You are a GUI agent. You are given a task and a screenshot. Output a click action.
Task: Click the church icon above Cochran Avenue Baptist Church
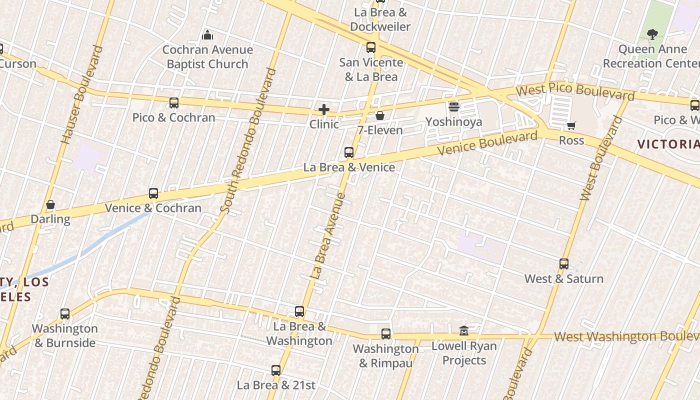coord(207,35)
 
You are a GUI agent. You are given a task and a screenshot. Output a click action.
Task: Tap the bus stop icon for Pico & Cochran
coord(174,103)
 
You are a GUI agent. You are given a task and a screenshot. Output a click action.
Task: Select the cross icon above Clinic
coord(324,109)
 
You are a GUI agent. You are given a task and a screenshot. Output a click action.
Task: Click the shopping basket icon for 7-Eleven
coord(380,116)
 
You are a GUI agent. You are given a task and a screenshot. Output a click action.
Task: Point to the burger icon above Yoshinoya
coord(454,107)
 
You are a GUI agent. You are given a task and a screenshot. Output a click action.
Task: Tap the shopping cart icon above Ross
coord(571,126)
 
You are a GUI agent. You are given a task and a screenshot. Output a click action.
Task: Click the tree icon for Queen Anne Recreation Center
coord(652,34)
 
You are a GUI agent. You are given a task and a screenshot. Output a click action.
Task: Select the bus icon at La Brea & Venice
coord(349,152)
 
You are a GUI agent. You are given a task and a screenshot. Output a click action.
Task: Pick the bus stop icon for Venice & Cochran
coord(153,193)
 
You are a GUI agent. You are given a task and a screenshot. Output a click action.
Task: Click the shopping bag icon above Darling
coord(50,204)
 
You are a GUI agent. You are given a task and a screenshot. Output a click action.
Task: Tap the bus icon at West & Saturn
coord(564,264)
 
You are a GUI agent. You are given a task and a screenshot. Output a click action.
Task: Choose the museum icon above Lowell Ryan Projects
coord(464,331)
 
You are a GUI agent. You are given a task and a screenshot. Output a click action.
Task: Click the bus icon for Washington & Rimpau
coord(386,334)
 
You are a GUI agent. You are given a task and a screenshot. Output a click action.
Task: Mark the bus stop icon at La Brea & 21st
coord(276,370)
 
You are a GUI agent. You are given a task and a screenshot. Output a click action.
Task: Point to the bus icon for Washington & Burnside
coord(65,314)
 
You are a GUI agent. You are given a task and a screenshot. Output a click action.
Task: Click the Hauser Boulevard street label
coord(81,95)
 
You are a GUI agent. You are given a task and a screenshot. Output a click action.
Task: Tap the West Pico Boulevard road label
coord(575,91)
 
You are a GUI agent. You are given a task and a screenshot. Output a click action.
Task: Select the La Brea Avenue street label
coord(328,235)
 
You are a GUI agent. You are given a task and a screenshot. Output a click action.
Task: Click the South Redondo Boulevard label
coord(248,141)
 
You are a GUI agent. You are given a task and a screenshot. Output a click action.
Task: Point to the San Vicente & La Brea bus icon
coord(371,48)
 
